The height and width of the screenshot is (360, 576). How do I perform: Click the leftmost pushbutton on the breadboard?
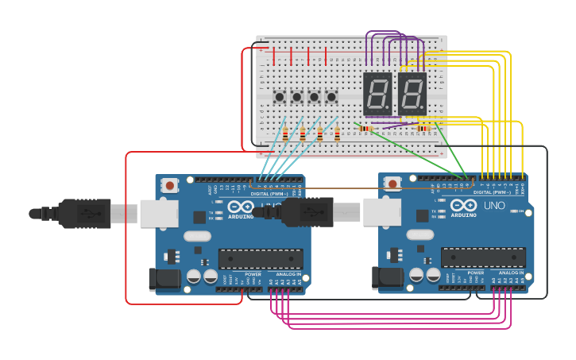tap(280, 97)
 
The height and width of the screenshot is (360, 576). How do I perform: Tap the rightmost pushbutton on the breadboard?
tap(331, 97)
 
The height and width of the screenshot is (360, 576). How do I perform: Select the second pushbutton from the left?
tap(297, 97)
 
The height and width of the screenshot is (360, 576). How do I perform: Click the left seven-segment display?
tap(377, 94)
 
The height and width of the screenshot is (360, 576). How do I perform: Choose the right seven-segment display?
tap(412, 94)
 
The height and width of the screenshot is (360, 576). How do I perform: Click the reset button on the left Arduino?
tap(169, 185)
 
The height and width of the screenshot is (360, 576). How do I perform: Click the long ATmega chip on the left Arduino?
tap(261, 258)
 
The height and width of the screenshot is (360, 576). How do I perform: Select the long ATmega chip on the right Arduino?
tap(483, 257)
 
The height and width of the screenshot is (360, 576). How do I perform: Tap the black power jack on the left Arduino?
tap(164, 278)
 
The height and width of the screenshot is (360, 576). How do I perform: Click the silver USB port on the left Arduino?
tap(159, 213)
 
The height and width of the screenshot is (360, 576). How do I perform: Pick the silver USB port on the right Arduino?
tap(382, 212)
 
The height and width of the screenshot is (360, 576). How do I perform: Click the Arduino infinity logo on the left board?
tap(241, 207)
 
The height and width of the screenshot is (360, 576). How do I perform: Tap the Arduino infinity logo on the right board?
tap(463, 206)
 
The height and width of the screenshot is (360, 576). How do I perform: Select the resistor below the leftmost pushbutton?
tap(285, 134)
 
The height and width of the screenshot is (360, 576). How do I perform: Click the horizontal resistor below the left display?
tap(366, 128)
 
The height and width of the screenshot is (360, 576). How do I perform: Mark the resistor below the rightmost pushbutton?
tap(337, 134)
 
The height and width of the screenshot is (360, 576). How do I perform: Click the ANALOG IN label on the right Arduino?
tap(511, 273)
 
